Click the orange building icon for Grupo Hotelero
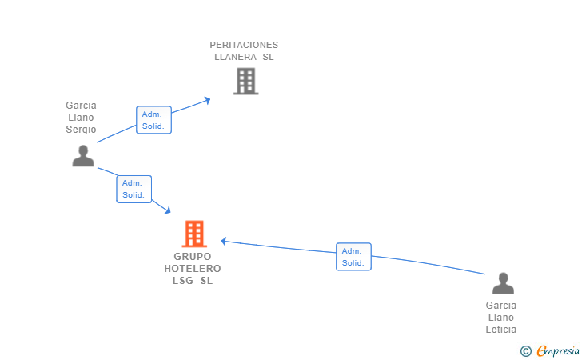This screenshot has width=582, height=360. (x=194, y=234)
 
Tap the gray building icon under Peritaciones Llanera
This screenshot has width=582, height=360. (x=245, y=81)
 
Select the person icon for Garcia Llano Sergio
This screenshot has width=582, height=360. (x=83, y=156)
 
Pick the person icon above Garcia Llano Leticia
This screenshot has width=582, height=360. (x=504, y=283)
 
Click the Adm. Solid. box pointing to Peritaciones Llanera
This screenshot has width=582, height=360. (x=153, y=120)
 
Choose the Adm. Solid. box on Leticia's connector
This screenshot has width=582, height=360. (x=353, y=257)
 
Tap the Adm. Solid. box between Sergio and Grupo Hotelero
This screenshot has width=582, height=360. (x=134, y=189)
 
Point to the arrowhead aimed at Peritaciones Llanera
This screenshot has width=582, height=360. (x=207, y=100)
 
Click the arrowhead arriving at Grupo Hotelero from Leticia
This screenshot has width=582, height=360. (x=224, y=241)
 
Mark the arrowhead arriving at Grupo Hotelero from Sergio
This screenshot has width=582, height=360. (x=168, y=210)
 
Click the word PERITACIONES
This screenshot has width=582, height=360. (x=244, y=45)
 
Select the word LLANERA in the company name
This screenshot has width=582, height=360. (x=235, y=57)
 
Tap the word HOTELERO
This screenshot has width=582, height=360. (x=193, y=268)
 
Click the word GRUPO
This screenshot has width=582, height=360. (x=193, y=256)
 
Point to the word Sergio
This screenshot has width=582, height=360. (x=81, y=130)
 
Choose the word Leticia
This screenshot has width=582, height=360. (x=501, y=329)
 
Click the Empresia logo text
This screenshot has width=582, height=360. (x=558, y=350)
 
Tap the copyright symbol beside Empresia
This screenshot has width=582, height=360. (x=526, y=351)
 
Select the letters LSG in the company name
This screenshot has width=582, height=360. (x=182, y=281)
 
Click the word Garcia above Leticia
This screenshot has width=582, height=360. (x=501, y=306)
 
